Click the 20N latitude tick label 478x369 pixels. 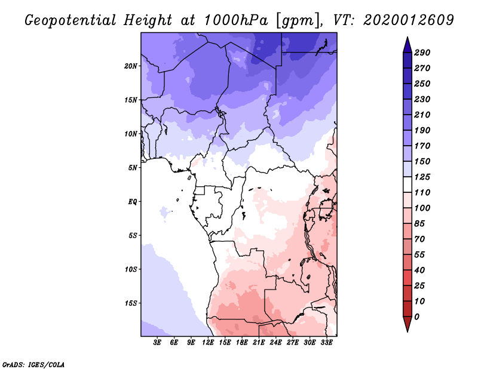coord(131,66)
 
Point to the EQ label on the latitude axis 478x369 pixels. coord(133,201)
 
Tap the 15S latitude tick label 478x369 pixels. coord(131,303)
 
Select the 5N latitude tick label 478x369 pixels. coord(133,167)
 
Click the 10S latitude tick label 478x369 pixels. coord(131,269)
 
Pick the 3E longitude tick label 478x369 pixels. coord(158,343)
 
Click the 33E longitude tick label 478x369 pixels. coord(326,343)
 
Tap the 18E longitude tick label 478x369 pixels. coord(242,343)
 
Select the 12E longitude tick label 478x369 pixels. coord(209,343)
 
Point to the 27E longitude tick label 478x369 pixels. coord(293,343)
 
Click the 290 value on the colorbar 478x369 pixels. coord(422,53)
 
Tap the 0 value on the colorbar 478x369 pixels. coord(416,316)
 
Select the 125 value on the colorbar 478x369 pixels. coord(422,177)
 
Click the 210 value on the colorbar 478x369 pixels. coord(422,115)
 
